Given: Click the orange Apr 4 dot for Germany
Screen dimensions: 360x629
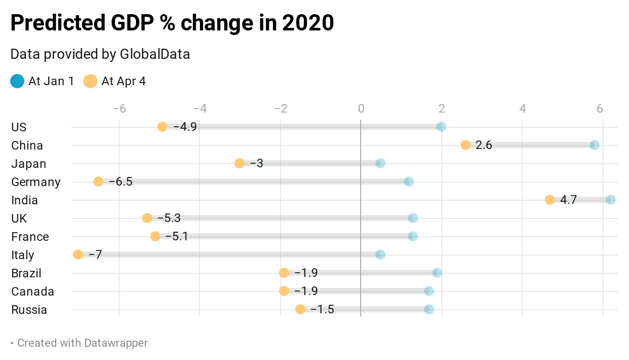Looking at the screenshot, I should (x=98, y=182).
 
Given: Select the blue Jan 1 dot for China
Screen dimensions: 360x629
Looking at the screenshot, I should (x=595, y=145).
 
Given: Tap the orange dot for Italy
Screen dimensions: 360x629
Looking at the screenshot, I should (x=78, y=255).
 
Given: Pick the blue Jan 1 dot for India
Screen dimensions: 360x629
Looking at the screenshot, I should (x=611, y=200).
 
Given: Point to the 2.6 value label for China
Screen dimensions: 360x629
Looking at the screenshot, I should (x=484, y=145).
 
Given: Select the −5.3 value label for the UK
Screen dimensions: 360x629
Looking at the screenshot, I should (x=169, y=218).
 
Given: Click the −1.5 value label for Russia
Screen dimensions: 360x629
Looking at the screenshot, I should (x=322, y=309).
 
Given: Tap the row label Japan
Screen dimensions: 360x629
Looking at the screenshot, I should (x=28, y=164).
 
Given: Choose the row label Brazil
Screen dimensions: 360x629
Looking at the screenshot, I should (x=26, y=273).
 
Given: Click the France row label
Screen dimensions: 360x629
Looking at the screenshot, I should (x=30, y=237).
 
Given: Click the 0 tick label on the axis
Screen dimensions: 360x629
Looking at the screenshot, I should (x=361, y=109).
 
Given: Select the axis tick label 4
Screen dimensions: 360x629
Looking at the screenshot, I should (x=522, y=109).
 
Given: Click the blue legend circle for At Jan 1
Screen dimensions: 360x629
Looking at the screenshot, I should (x=17, y=81).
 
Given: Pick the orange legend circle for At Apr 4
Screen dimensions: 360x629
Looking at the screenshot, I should (x=90, y=81).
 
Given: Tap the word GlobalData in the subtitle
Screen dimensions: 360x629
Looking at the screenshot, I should (x=155, y=54).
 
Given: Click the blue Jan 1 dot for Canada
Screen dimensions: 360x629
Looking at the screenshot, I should (x=429, y=291).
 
